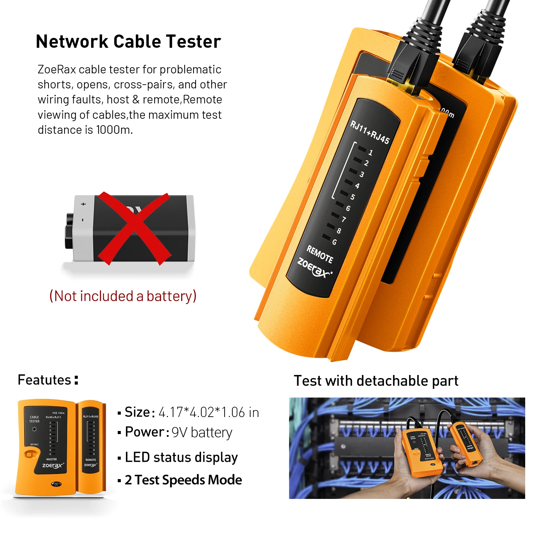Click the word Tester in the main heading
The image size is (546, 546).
click(193, 42)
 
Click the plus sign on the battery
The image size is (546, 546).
click(83, 204)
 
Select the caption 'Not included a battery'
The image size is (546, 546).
click(123, 296)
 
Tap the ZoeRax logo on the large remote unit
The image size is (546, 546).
click(314, 268)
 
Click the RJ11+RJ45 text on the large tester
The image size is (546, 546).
click(370, 132)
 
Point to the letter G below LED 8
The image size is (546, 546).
click(334, 242)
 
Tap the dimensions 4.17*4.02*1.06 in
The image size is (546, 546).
click(209, 412)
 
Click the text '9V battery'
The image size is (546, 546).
click(202, 432)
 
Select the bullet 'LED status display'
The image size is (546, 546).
click(181, 457)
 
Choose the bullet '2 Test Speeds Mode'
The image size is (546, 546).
click(183, 480)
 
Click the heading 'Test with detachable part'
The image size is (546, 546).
click(376, 381)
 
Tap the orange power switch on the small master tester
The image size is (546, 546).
click(29, 454)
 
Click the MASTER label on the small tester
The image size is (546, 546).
click(52, 459)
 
